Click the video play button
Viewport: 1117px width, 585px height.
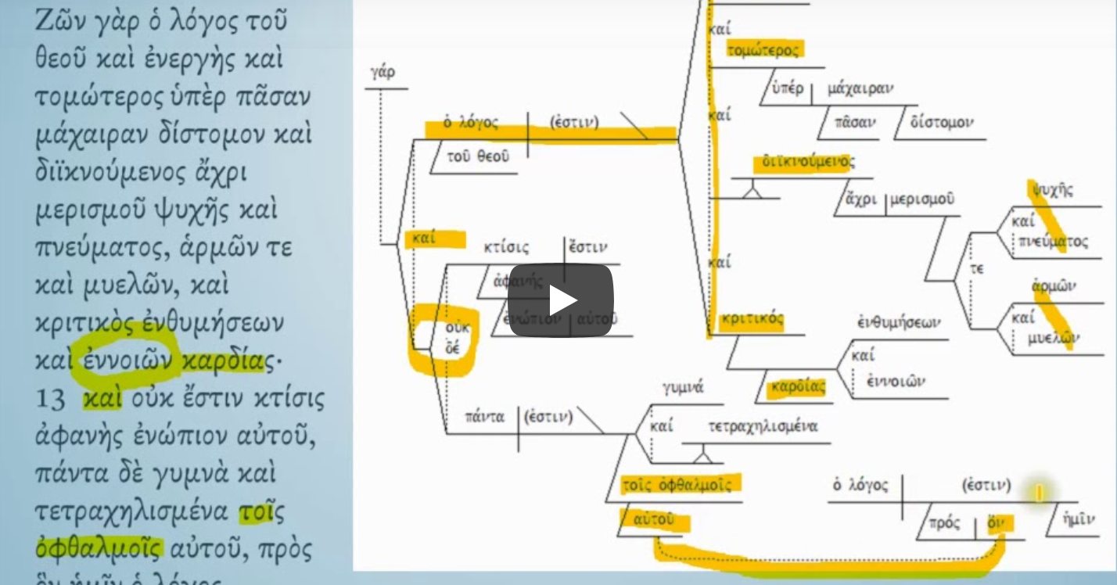tap(561, 300)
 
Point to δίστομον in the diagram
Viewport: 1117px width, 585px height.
tap(942, 123)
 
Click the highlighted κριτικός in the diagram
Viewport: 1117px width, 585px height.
tap(752, 319)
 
